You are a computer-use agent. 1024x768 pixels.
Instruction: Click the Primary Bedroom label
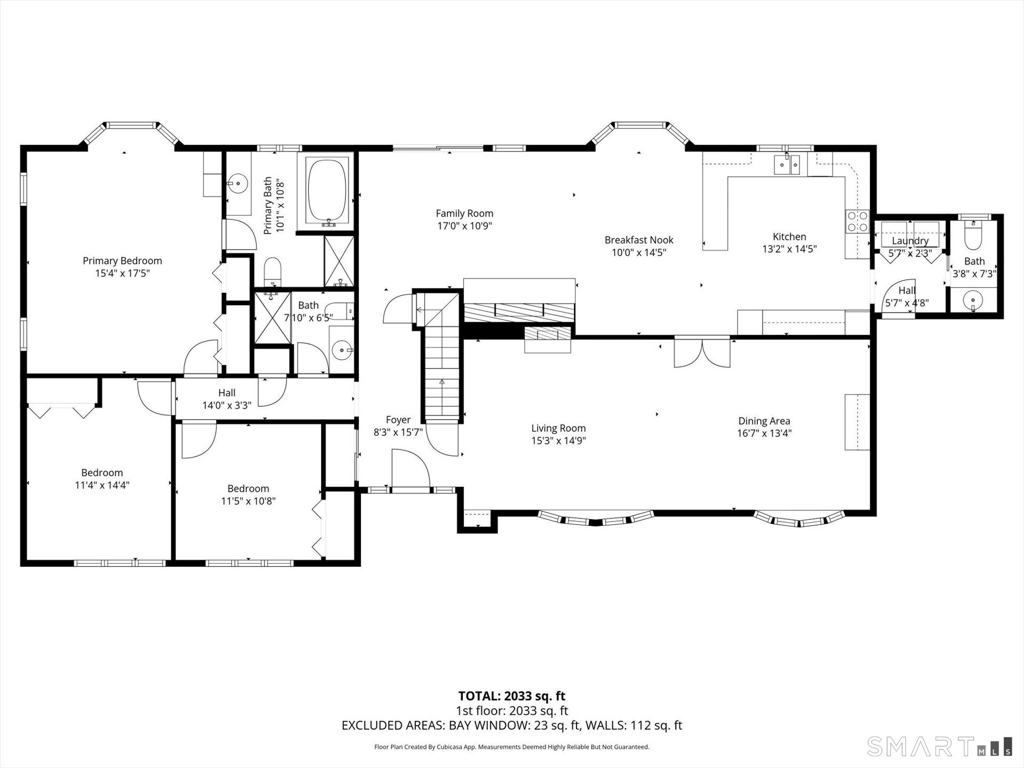pyautogui.click(x=122, y=261)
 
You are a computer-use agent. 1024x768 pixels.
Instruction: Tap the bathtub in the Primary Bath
pyautogui.click(x=326, y=190)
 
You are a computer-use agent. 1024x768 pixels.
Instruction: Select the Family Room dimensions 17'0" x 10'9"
pyautogui.click(x=465, y=226)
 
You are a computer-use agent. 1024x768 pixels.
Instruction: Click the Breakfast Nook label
pyautogui.click(x=638, y=240)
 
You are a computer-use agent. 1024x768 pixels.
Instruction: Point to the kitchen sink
pyautogui.click(x=787, y=165)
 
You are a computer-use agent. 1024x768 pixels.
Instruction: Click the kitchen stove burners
pyautogui.click(x=857, y=221)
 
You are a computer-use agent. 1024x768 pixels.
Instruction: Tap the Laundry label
pyautogui.click(x=910, y=241)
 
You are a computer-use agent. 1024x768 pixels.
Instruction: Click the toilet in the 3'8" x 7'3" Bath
pyautogui.click(x=973, y=237)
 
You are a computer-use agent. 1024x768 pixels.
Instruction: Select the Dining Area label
pyautogui.click(x=764, y=421)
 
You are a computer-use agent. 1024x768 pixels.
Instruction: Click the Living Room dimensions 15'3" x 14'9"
pyautogui.click(x=558, y=441)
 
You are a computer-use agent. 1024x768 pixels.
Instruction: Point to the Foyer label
pyautogui.click(x=398, y=420)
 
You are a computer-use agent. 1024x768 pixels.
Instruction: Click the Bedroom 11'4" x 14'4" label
pyautogui.click(x=102, y=473)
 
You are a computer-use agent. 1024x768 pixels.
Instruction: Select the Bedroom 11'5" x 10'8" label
pyautogui.click(x=248, y=489)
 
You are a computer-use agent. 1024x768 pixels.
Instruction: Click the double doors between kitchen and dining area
pyautogui.click(x=702, y=353)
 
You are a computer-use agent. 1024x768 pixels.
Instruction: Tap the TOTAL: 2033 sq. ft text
pyautogui.click(x=511, y=696)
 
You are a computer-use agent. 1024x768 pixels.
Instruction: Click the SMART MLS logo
pyautogui.click(x=939, y=747)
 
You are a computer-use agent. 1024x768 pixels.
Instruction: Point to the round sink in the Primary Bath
pyautogui.click(x=238, y=185)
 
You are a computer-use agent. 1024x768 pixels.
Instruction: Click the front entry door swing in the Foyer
pyautogui.click(x=410, y=468)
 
